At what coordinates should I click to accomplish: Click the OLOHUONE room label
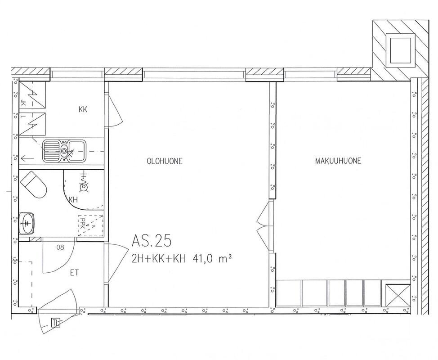coord(165,161)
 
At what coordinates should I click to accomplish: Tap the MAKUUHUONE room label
coord(338,161)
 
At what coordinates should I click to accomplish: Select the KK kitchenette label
coord(83,109)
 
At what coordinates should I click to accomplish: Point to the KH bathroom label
coord(73,200)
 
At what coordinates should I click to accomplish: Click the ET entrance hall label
coord(74,273)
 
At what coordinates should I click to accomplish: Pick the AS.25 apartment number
coord(151,241)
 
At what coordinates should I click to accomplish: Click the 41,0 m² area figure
coord(212,259)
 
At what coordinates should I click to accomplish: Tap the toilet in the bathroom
coord(33,185)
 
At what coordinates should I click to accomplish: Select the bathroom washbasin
coord(27,223)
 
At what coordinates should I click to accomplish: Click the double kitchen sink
coord(64,151)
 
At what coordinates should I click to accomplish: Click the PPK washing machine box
coord(90,226)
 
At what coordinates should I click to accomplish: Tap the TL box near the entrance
coord(56,323)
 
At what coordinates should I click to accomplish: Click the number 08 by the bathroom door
coord(60,247)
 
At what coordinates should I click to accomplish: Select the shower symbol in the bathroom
coord(84,184)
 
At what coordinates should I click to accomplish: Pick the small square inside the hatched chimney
coord(400,50)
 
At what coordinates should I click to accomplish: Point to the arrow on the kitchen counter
coord(27,159)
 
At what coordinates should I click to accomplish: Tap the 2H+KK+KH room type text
coord(159,259)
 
